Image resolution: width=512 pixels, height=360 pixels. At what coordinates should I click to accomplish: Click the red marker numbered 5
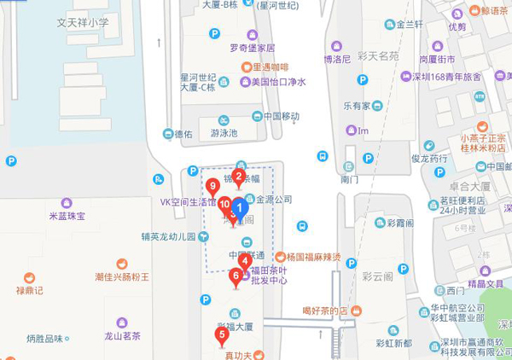(x=222, y=334)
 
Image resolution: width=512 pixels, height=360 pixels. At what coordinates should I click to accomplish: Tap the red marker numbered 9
(x=212, y=185)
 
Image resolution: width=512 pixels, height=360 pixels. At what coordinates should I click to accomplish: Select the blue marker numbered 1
(x=241, y=206)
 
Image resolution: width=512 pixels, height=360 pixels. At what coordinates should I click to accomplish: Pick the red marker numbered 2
(x=239, y=177)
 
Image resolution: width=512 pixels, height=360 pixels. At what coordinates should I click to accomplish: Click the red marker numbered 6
(x=236, y=276)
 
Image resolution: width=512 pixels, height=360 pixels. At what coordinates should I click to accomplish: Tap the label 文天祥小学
(x=83, y=23)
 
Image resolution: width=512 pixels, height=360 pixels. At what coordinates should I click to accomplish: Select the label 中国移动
(x=282, y=116)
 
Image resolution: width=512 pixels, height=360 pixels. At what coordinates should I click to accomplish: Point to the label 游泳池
(x=224, y=133)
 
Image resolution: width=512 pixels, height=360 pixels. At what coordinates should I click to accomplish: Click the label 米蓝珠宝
(x=67, y=216)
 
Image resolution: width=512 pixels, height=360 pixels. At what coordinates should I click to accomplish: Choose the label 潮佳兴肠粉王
(x=122, y=276)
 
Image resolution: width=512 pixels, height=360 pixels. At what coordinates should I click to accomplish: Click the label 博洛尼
(x=337, y=59)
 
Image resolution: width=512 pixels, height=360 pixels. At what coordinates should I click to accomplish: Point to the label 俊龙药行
(x=428, y=159)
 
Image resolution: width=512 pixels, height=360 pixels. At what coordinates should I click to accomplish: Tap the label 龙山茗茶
(x=122, y=336)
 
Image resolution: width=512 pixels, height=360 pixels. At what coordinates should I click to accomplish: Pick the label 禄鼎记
(x=29, y=290)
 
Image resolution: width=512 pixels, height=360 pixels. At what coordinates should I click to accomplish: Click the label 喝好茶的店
(x=325, y=311)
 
